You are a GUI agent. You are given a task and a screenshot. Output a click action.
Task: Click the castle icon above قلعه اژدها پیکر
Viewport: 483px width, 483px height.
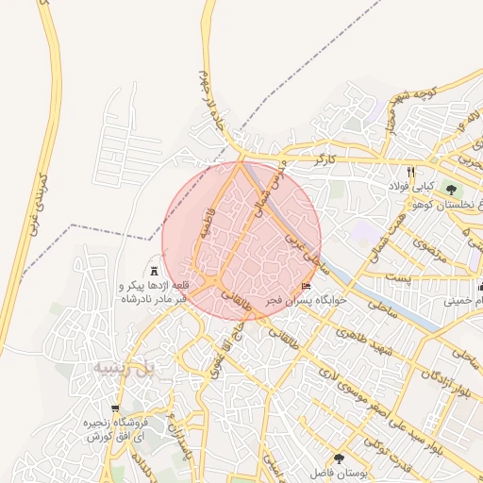tap(155, 271)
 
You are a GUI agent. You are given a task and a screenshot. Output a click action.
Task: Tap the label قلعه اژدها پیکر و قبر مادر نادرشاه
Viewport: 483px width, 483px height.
tap(155, 291)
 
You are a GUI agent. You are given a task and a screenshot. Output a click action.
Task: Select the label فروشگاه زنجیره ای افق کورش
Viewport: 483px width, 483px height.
tap(114, 430)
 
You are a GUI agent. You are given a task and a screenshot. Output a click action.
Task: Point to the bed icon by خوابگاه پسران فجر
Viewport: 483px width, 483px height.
tap(306, 286)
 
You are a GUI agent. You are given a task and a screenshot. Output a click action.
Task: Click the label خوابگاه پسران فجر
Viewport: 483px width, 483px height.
tap(306, 300)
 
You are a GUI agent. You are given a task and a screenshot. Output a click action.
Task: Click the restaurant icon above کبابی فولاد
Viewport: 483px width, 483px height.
tap(410, 172)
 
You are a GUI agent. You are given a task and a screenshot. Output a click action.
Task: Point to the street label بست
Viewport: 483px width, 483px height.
tap(402, 277)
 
